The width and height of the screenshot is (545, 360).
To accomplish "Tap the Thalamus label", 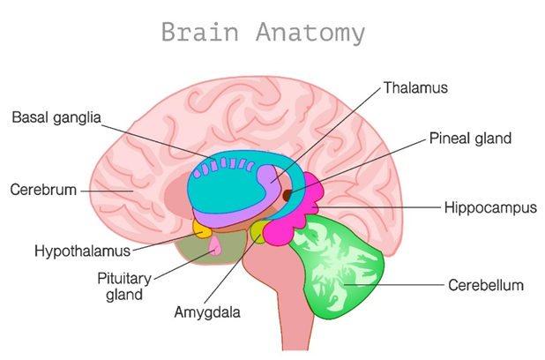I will (416, 88).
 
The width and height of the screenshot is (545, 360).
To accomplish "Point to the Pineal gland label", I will (470, 139).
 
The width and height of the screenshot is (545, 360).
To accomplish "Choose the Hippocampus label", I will (491, 208).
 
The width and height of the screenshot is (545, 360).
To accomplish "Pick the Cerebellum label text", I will (486, 285).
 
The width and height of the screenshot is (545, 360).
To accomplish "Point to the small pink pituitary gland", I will (214, 251).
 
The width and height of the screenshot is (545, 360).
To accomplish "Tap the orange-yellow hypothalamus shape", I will (202, 230).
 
